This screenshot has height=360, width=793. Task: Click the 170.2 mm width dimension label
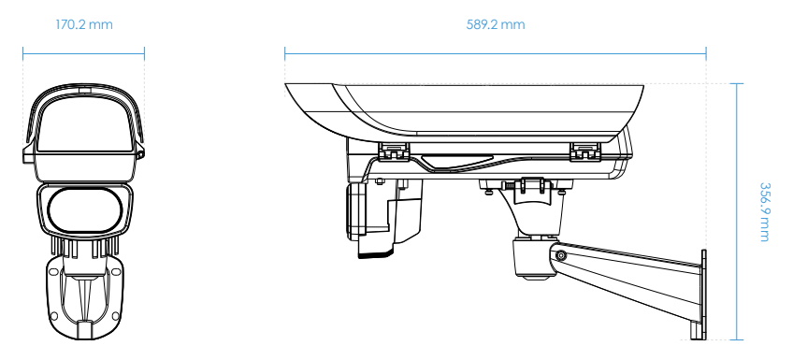point(83,24)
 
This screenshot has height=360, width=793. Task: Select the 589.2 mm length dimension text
point(495,24)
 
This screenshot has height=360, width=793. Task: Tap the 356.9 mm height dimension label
point(764,212)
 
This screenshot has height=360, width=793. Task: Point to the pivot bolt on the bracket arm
point(560,255)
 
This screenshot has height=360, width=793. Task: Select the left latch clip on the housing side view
point(394,151)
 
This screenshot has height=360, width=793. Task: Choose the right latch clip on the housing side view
point(585,151)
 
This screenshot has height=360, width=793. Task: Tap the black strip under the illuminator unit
point(376,253)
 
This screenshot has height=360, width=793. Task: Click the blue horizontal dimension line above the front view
point(83,53)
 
